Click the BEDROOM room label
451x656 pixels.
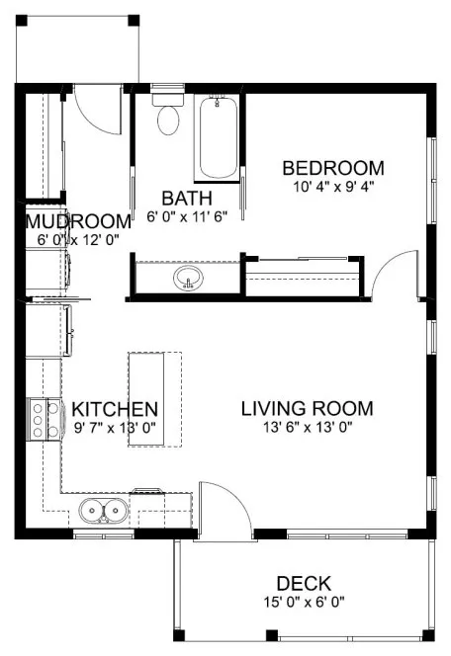pyautogui.click(x=332, y=167)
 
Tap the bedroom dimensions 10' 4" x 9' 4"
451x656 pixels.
pyautogui.click(x=332, y=185)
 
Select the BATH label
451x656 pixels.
pyautogui.click(x=186, y=197)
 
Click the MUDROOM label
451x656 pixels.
pyautogui.click(x=78, y=221)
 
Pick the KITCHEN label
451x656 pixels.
pyautogui.click(x=115, y=408)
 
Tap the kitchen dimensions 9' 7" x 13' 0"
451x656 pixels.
pyautogui.click(x=115, y=427)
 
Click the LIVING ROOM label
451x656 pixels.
pyautogui.click(x=307, y=408)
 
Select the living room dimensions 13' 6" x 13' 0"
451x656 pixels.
pyautogui.click(x=307, y=427)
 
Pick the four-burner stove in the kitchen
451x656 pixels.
pyautogui.click(x=44, y=418)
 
